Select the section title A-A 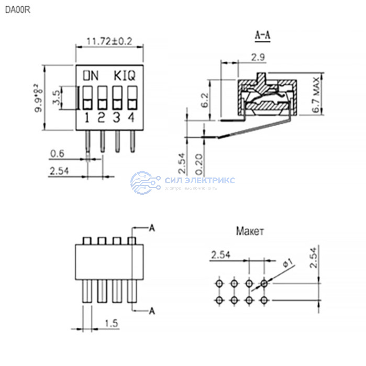coord(262,36)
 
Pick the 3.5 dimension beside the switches coord(57,97)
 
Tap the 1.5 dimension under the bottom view coord(111,324)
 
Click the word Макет coord(250,231)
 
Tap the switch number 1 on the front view coord(87,117)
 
